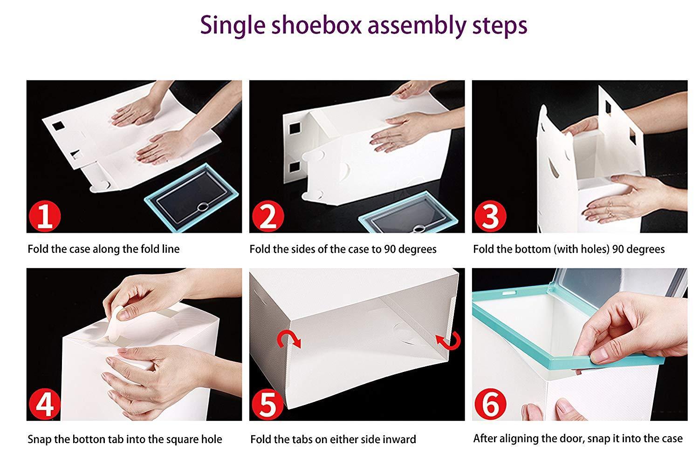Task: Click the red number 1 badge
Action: tap(45, 216)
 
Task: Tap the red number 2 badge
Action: tap(268, 216)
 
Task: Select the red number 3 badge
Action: tap(490, 216)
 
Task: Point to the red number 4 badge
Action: tap(45, 404)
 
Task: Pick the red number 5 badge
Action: tap(268, 404)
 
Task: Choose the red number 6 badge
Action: tap(490, 404)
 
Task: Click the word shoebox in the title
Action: tap(316, 25)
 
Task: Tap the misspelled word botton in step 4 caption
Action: tap(89, 439)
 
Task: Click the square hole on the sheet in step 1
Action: tap(58, 126)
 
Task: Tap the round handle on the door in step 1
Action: tap(203, 206)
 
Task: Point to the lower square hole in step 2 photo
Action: tap(295, 168)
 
